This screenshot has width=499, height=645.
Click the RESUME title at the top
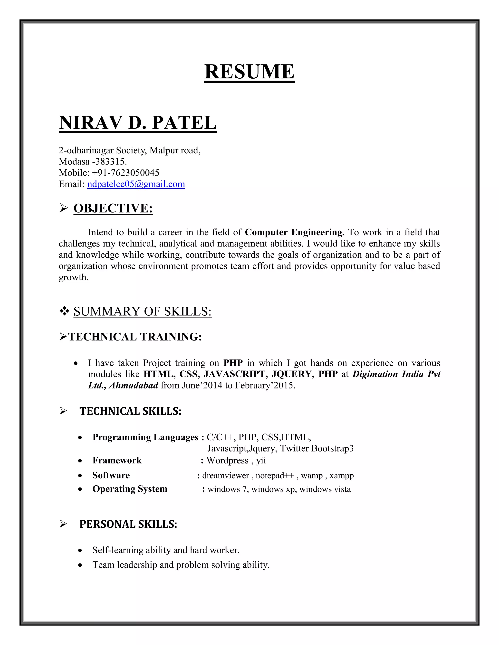coord(249,72)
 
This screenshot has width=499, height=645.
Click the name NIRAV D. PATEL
coord(137,123)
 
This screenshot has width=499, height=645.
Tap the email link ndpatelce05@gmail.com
coord(136,184)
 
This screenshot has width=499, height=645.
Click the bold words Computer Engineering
coord(294,232)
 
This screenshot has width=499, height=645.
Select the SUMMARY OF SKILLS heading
coord(143,312)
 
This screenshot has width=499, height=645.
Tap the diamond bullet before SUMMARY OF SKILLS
coord(64,311)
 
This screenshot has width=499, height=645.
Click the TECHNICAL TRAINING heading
coord(135,337)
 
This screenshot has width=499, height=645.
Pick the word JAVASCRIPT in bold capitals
coord(236,374)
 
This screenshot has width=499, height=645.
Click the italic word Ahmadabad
coord(134,385)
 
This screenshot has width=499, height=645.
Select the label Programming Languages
coord(145,437)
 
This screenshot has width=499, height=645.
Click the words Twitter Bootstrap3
coord(317,449)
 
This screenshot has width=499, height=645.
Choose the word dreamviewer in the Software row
coord(226,476)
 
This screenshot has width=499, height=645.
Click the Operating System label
coord(130,489)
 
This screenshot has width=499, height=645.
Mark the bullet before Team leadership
coord(80,565)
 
